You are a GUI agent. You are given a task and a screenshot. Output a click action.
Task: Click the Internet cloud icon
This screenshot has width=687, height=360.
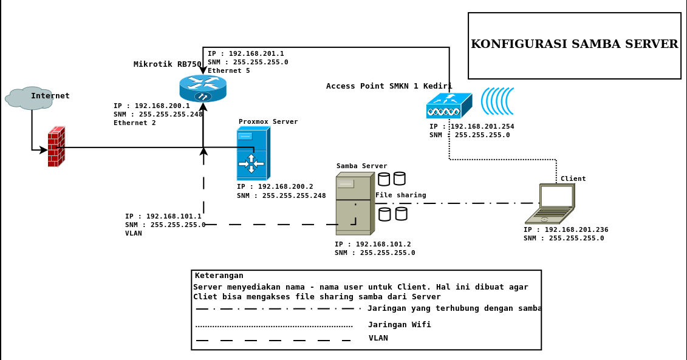30,98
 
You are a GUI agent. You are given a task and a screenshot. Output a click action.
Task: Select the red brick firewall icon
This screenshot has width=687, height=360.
56,147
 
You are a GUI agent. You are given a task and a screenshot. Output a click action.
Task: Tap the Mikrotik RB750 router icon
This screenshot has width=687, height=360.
203,89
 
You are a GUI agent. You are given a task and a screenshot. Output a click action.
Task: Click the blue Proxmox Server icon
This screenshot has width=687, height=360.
253,153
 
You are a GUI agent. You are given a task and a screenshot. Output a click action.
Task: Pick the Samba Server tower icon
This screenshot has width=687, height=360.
355,203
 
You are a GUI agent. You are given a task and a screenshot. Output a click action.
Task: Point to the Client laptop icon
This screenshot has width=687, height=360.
550,203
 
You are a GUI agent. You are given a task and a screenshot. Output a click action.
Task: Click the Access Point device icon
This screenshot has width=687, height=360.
449,106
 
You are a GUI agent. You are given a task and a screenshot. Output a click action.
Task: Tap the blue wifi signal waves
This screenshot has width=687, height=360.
497,101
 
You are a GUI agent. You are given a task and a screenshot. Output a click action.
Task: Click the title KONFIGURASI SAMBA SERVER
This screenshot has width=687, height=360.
575,44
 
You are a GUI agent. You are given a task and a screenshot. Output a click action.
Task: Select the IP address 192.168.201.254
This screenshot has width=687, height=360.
482,126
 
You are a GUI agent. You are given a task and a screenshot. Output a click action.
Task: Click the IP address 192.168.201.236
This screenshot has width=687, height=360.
576,229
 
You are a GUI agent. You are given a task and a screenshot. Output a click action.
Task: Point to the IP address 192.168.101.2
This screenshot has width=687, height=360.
383,245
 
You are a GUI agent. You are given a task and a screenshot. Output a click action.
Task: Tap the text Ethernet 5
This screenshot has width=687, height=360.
229,70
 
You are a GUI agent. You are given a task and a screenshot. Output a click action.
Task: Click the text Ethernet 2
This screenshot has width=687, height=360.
134,123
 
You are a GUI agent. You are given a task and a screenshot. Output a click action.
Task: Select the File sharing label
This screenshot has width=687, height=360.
400,195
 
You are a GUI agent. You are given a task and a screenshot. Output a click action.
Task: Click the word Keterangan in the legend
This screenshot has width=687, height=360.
219,276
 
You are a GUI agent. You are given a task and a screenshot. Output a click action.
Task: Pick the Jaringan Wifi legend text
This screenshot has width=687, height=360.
400,325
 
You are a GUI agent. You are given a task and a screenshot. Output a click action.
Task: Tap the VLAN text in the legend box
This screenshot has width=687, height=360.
378,338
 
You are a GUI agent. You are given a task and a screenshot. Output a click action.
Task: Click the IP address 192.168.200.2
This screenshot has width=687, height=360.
285,186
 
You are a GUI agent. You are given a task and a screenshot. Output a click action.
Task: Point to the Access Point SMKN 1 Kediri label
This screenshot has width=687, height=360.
389,86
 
